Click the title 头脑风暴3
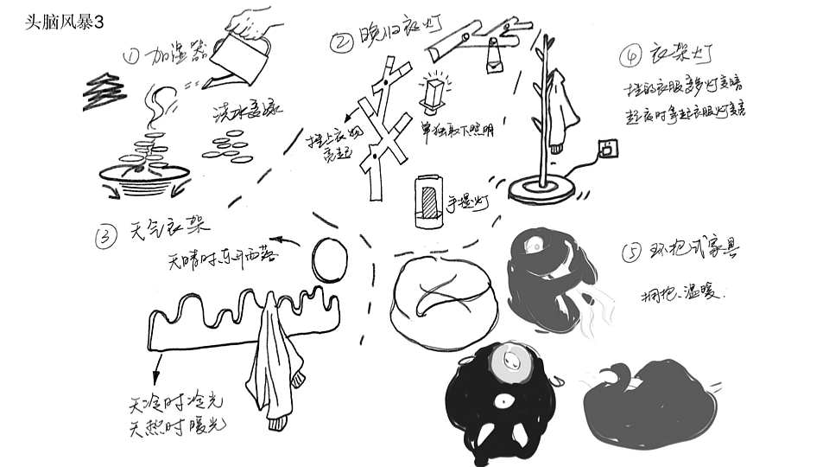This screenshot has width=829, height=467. (66, 23)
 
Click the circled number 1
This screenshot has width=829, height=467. (131, 57)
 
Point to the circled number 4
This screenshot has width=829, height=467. (630, 56)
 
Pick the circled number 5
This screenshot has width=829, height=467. (632, 253)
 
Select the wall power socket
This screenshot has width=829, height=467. (610, 149)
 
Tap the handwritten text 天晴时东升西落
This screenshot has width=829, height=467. (226, 258)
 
